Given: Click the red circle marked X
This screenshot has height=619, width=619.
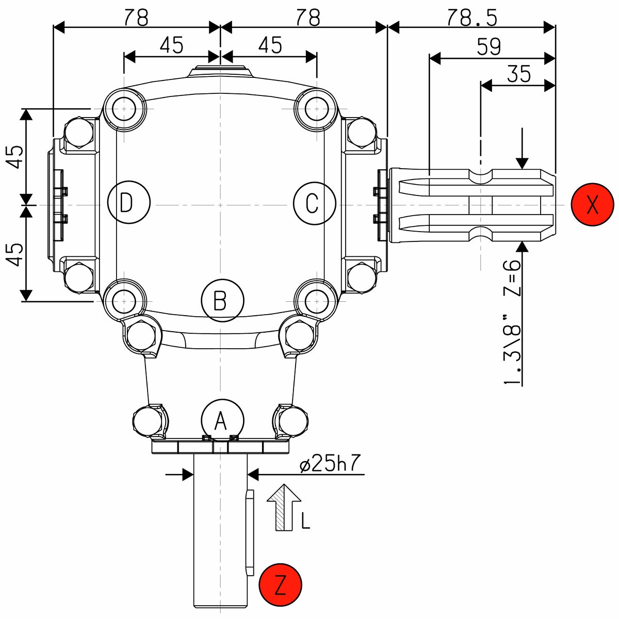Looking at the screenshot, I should point(593,204).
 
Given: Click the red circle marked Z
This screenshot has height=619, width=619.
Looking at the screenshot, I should point(281,585).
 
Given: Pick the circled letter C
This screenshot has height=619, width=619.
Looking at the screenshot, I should point(314,203).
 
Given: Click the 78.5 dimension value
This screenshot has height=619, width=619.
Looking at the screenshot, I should point(471,18).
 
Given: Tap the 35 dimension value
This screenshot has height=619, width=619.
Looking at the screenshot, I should point(518,74).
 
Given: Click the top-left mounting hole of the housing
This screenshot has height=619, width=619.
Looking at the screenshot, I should point(124,109).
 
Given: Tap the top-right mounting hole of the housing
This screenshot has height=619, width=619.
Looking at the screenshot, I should point(316,109).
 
